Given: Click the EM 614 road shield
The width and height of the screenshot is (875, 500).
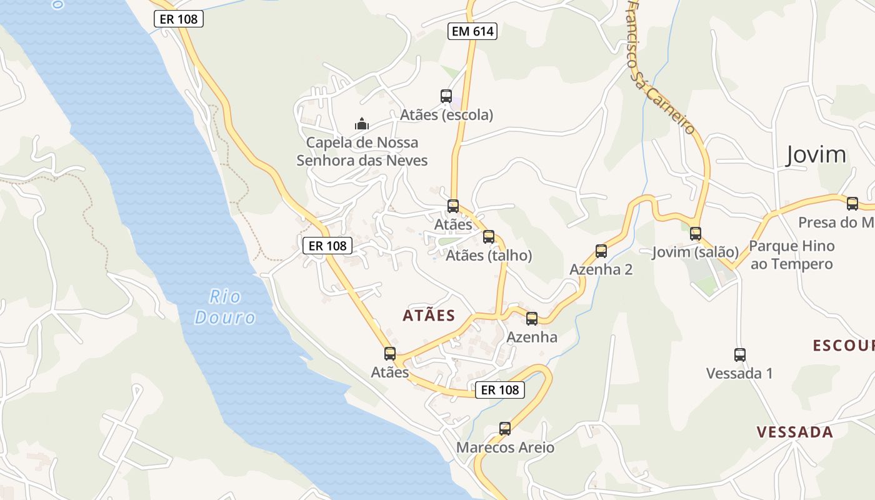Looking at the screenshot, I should click(x=472, y=31).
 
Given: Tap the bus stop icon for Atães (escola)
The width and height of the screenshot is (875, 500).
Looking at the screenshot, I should click(x=446, y=96).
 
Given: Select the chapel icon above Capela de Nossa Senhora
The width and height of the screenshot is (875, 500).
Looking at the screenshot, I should click(x=362, y=124).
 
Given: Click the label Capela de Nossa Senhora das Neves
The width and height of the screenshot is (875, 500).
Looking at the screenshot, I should click(x=362, y=152).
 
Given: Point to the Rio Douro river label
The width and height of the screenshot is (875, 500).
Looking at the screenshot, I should click(x=225, y=307).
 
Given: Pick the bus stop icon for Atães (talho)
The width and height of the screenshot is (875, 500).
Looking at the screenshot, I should click(x=489, y=237).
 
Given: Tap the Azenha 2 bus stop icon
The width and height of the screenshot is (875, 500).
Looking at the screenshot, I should click(x=601, y=251).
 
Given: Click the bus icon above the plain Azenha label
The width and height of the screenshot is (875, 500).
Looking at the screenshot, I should click(x=532, y=319).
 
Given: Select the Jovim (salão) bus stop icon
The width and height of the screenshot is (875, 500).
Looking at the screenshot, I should click(x=696, y=234).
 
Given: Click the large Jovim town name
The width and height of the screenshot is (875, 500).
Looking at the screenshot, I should click(x=816, y=154).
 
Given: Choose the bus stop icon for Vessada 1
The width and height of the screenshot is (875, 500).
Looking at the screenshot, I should click(x=740, y=355).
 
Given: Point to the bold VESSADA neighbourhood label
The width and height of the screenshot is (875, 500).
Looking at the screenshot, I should click(x=794, y=432).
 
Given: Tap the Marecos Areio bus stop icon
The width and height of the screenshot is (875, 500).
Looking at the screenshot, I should click(x=505, y=429).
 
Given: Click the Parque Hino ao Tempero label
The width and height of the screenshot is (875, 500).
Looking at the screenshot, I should click(x=792, y=255).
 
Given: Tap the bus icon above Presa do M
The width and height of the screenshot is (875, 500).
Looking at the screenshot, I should click(x=852, y=203).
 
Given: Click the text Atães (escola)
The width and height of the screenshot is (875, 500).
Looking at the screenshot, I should click(x=446, y=115).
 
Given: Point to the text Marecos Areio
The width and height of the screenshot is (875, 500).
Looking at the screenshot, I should click(x=505, y=447).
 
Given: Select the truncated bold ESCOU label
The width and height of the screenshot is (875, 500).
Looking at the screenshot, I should click(x=843, y=346).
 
